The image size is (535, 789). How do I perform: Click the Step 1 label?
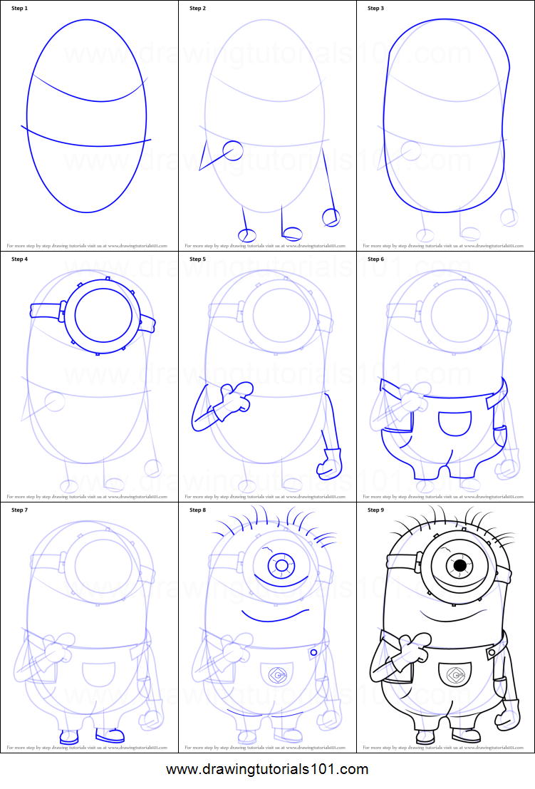pos(20,9)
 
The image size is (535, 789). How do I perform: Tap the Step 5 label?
pos(197,259)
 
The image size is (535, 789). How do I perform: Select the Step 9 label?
pos(375,510)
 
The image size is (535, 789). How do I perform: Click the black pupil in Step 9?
pos(460,565)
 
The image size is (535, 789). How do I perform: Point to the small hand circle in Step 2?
pos(233,150)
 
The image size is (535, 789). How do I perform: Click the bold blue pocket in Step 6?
pos(455,423)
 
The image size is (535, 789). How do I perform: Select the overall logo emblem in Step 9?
pos(455,671)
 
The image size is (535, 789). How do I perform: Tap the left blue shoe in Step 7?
pos(69,737)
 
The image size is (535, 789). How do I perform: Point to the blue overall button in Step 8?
pos(313,651)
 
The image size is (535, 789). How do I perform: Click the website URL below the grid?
pos(267,770)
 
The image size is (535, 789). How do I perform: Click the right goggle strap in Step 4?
pos(147,324)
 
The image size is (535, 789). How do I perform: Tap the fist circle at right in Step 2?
pos(331,217)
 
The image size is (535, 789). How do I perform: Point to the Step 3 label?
pos(375,9)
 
